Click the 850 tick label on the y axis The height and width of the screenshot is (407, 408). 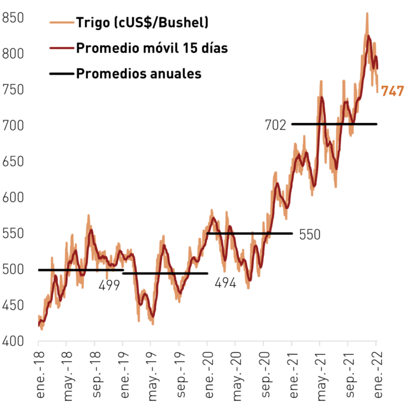click(x=13, y=18)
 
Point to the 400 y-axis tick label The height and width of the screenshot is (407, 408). click(x=13, y=341)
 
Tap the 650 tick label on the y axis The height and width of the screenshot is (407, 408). click(x=13, y=161)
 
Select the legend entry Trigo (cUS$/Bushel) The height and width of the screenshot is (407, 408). click(x=142, y=22)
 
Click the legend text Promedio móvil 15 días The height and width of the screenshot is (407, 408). click(x=152, y=48)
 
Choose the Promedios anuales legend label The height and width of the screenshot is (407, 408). click(x=139, y=73)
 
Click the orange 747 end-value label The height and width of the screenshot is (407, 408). click(x=393, y=91)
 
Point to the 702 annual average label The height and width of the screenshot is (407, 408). click(x=275, y=125)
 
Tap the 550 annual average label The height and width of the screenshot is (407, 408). click(x=310, y=234)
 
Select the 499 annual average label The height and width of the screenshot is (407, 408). click(x=109, y=285)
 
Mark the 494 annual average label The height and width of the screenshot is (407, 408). click(x=225, y=283)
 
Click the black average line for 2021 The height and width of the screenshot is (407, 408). click(x=334, y=124)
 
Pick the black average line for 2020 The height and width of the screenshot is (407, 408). click(x=250, y=234)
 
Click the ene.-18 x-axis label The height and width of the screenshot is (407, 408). click(x=40, y=375)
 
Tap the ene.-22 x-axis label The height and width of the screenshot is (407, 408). click(x=378, y=375)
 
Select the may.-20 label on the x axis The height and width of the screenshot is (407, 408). click(x=237, y=376)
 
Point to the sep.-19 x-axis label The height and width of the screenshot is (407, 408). click(x=181, y=375)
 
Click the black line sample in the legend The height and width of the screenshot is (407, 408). click(x=62, y=74)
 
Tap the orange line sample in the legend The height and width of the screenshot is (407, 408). click(x=62, y=23)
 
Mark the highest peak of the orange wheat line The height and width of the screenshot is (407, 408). click(x=367, y=13)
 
